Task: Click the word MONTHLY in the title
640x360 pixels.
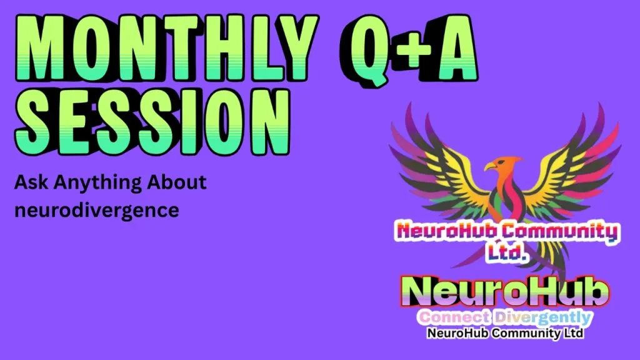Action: coord(167,47)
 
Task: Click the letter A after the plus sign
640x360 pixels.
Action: coord(456,47)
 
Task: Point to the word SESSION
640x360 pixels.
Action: coord(152,122)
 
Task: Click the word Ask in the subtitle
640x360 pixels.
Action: coord(31,182)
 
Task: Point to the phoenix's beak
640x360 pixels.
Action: coord(490,166)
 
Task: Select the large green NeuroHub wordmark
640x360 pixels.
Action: coord(505,291)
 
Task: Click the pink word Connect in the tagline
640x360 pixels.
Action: coord(454,317)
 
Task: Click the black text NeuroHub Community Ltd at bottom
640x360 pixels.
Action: coord(505,333)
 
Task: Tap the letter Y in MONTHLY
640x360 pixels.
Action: coord(296,47)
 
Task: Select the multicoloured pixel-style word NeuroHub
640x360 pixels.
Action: coord(447,231)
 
